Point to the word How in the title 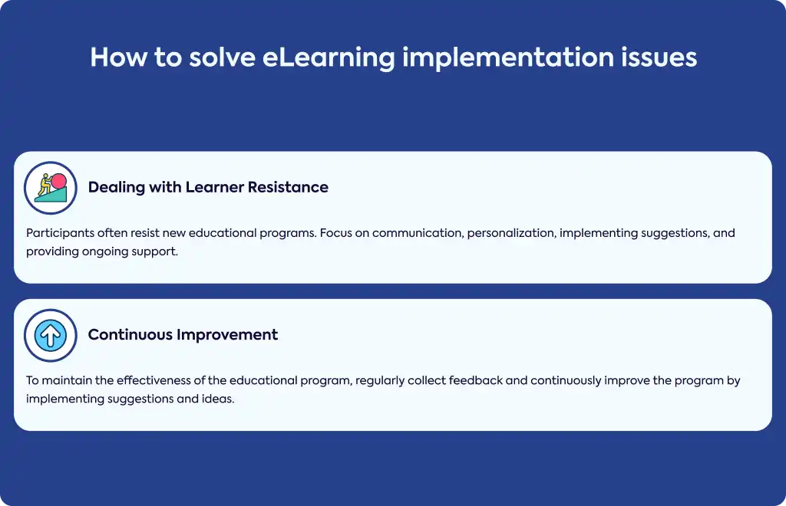pyautogui.click(x=119, y=57)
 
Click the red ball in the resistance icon pyautogui.click(x=58, y=181)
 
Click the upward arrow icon pyautogui.click(x=51, y=335)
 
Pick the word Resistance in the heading pyautogui.click(x=289, y=187)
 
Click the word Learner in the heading pyautogui.click(x=215, y=187)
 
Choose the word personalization pyautogui.click(x=511, y=233)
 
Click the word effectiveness pyautogui.click(x=154, y=380)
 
